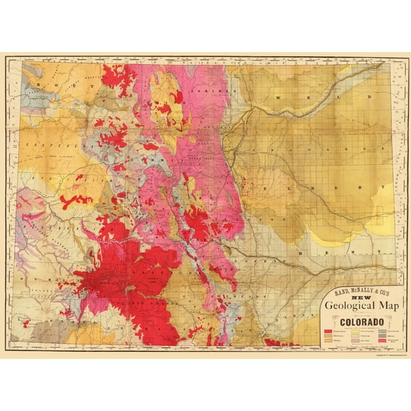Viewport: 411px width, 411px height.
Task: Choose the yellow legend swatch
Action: point(355,331)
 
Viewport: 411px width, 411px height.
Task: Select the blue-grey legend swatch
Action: point(382,331)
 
